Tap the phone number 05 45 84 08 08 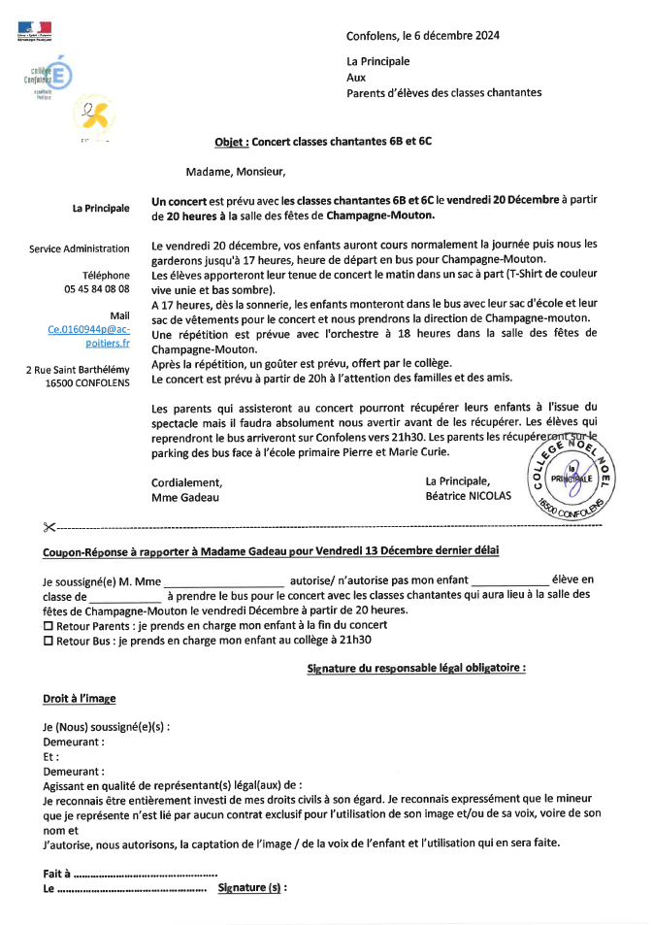[x=97, y=289]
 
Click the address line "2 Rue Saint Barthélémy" [x=78, y=370]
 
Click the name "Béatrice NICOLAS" [x=469, y=497]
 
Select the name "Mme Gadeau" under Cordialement [x=185, y=497]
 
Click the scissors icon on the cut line [x=49, y=527]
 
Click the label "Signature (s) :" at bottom [x=252, y=887]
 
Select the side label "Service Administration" [x=80, y=249]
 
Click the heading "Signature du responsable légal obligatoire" [x=416, y=668]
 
